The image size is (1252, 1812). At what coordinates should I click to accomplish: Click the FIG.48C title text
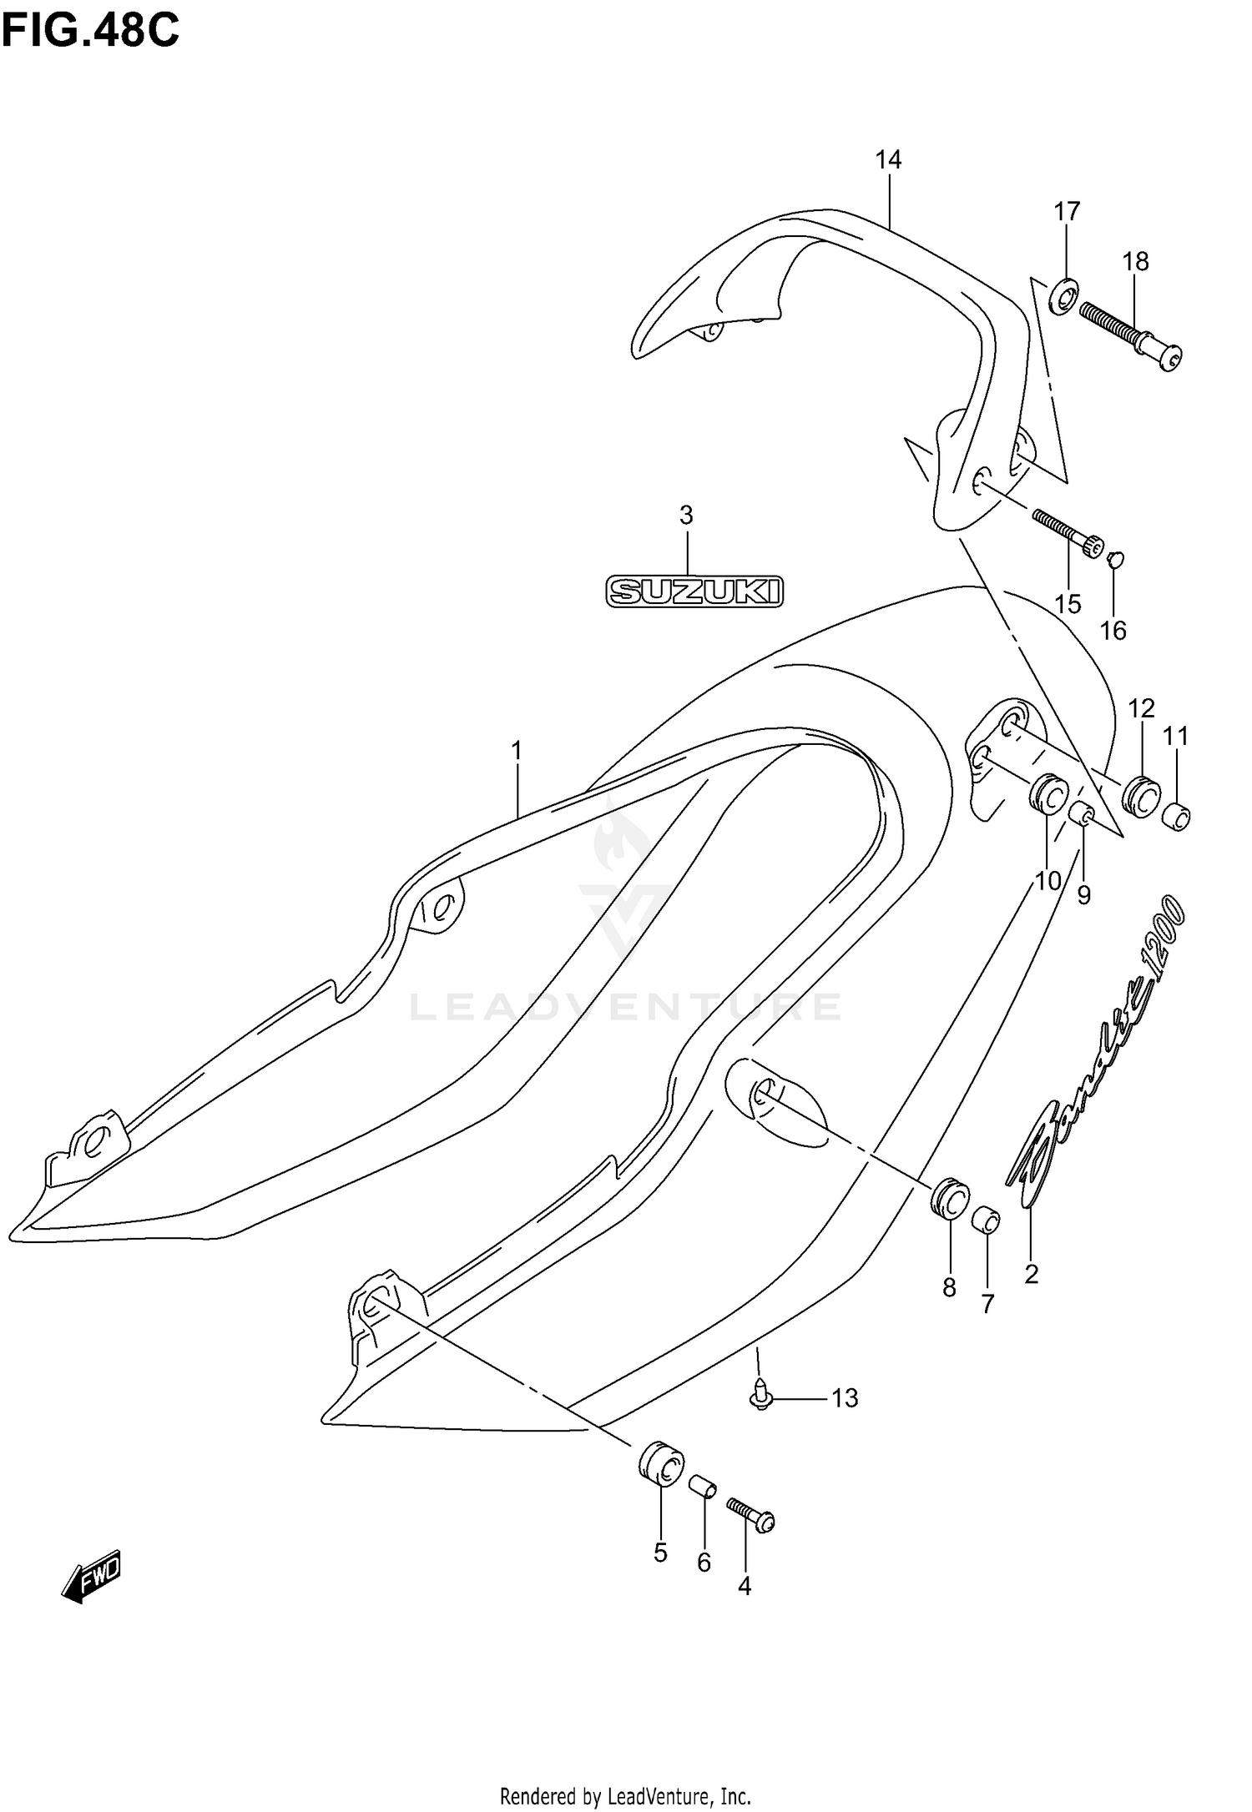(x=90, y=32)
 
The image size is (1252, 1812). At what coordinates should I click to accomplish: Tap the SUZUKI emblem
(x=694, y=591)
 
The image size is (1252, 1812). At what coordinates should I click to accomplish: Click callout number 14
(x=889, y=159)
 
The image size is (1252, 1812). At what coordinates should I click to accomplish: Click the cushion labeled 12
(x=1141, y=794)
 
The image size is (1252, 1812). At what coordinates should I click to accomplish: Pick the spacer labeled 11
(x=1176, y=816)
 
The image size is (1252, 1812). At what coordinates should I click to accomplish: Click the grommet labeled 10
(x=1048, y=793)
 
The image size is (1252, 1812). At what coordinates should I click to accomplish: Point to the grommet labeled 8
(x=950, y=1199)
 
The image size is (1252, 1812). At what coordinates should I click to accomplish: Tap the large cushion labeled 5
(x=662, y=1462)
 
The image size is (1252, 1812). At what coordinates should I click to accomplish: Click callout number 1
(x=517, y=752)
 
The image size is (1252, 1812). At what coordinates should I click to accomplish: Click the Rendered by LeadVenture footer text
(x=625, y=1791)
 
